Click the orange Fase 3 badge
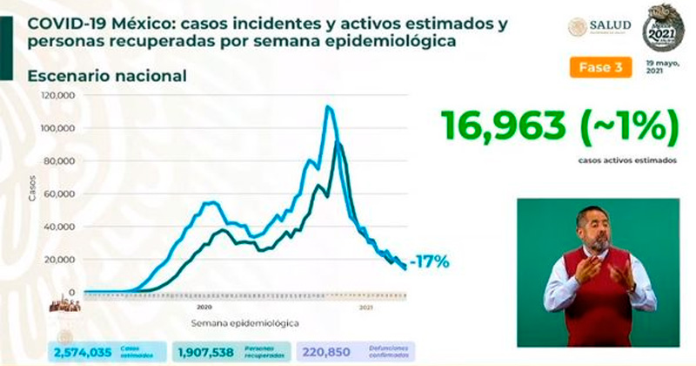click(x=600, y=68)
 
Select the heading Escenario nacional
click(x=107, y=76)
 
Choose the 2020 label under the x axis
click(x=204, y=308)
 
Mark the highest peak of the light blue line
click(x=327, y=107)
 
